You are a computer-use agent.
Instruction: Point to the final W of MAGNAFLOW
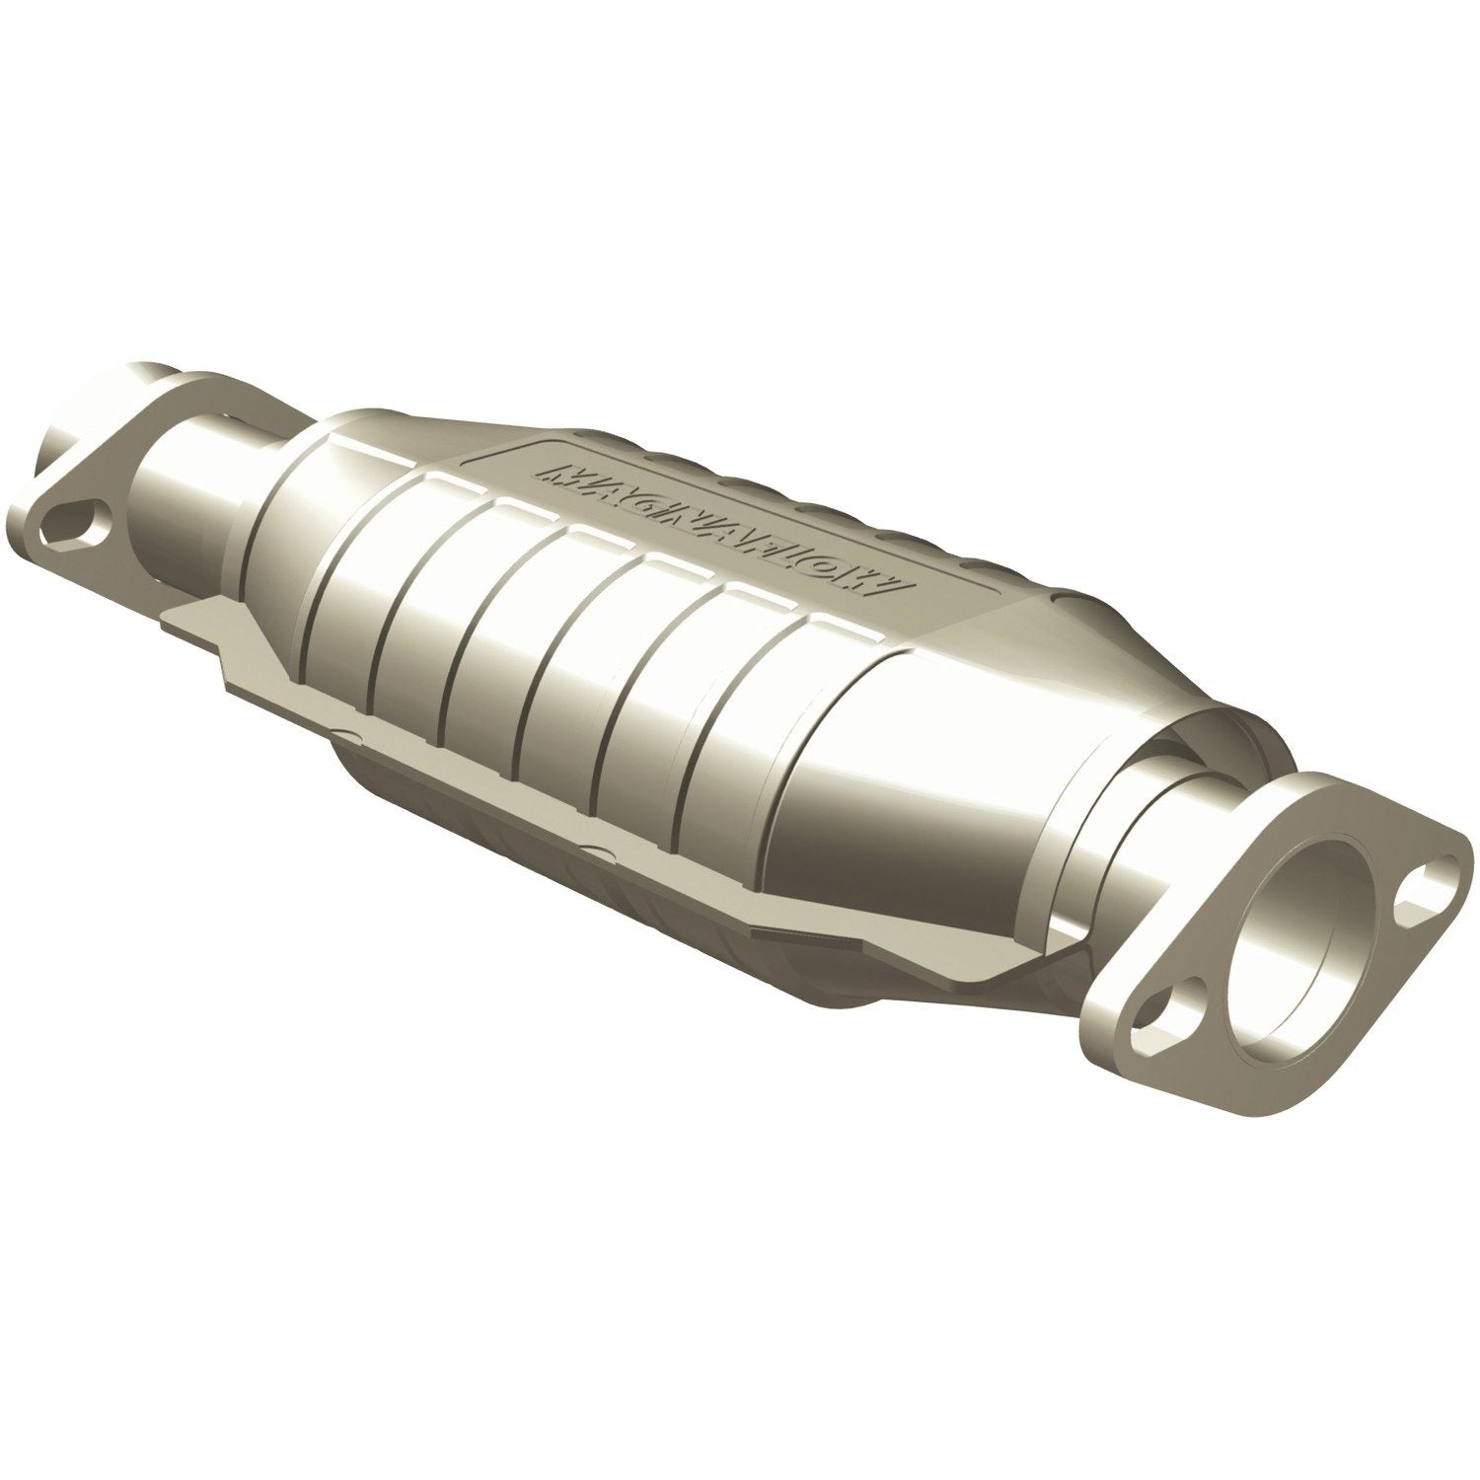tap(893, 582)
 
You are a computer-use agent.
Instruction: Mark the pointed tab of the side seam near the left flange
tap(187, 627)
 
